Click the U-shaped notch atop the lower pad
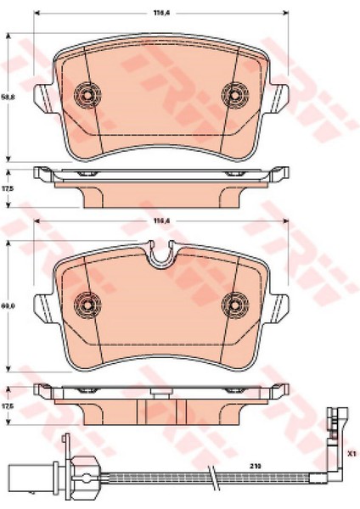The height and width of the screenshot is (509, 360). [x=160, y=251]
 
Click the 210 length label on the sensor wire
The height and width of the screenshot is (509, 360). [x=255, y=466]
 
